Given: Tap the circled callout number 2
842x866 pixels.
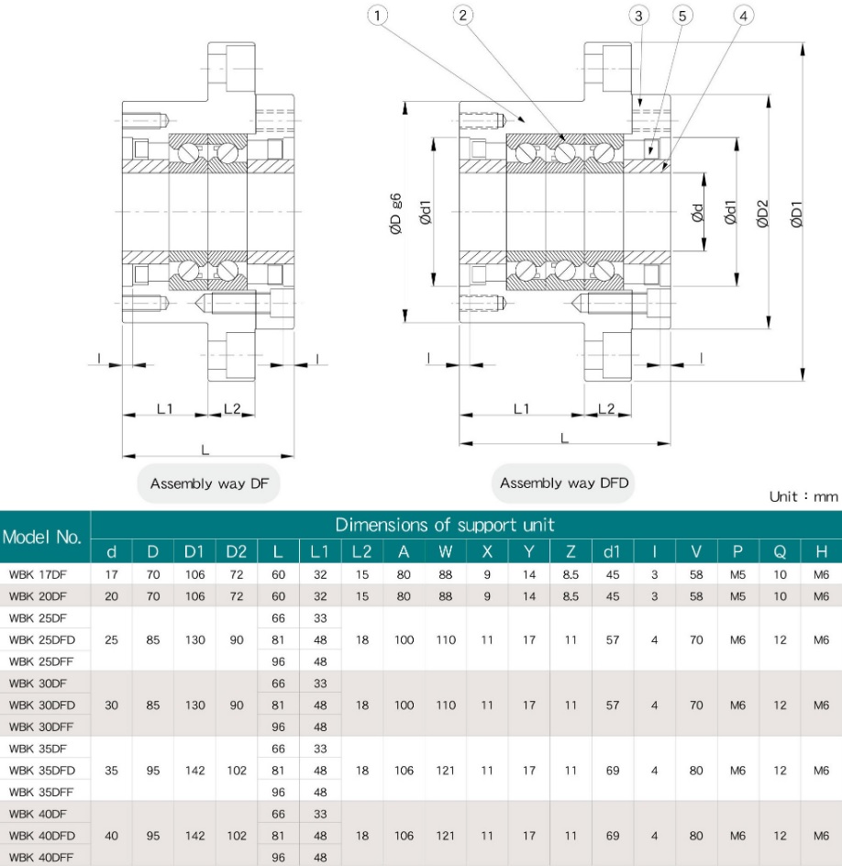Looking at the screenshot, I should click(x=463, y=15).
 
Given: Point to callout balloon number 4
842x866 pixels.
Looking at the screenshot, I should click(x=744, y=15).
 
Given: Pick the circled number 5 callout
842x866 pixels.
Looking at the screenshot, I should click(x=681, y=15).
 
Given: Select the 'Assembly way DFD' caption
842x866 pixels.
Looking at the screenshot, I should click(x=564, y=483).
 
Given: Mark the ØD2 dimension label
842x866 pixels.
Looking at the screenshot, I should click(x=763, y=213).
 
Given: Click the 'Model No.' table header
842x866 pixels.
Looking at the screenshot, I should click(x=45, y=538).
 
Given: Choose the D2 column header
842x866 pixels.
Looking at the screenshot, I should click(x=236, y=552).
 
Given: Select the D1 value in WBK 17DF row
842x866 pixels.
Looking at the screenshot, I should click(x=194, y=574).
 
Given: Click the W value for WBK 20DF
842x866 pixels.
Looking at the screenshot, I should click(x=445, y=594).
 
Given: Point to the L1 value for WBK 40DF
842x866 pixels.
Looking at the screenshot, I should click(x=320, y=814).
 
